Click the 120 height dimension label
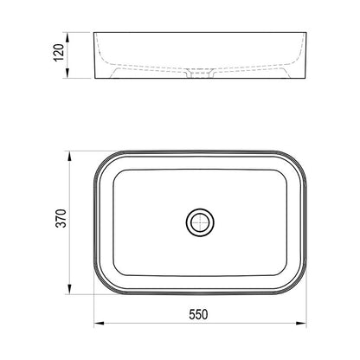[59, 53]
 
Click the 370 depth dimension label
[61, 218]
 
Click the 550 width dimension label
[198, 314]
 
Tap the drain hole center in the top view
[200, 222]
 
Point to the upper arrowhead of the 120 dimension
[67, 37]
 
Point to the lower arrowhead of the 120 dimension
[67, 74]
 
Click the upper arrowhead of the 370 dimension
[69, 157]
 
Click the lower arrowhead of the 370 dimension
[69, 289]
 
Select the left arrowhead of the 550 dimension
[100, 323]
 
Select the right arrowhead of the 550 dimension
[301, 323]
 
